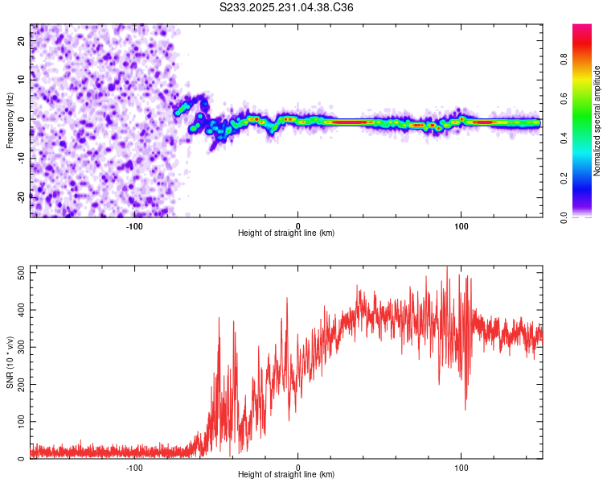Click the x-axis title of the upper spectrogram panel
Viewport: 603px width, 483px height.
click(x=286, y=233)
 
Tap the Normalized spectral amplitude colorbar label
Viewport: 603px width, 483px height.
click(x=597, y=121)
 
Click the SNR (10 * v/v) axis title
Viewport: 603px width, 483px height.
click(x=10, y=361)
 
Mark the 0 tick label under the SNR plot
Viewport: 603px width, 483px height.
click(x=298, y=467)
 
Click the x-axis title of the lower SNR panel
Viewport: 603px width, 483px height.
click(x=286, y=475)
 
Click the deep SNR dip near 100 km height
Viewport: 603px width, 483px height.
click(x=466, y=407)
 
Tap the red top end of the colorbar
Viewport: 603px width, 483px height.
click(x=582, y=27)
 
